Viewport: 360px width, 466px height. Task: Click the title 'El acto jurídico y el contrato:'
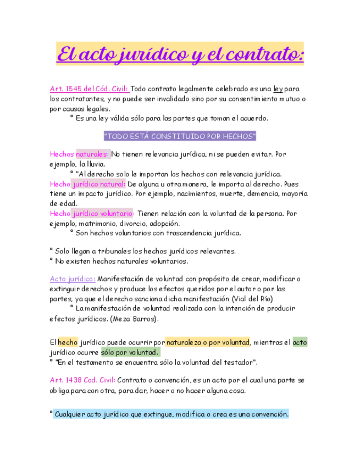180,55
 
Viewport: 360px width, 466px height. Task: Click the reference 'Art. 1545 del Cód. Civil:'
89,88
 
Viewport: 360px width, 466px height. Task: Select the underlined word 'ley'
278,88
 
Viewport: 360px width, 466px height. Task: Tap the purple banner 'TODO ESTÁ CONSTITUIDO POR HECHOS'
180,136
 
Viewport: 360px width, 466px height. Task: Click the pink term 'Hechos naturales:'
79,154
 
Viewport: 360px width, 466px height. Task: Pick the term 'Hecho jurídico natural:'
87,184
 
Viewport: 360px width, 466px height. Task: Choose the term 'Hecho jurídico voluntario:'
92,213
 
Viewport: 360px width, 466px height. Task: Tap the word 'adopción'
163,223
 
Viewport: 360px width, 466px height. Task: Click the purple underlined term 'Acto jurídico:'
73,279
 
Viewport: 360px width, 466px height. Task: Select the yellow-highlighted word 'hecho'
68,342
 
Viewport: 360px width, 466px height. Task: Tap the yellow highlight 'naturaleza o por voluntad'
208,342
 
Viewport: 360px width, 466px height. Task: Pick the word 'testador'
236,362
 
